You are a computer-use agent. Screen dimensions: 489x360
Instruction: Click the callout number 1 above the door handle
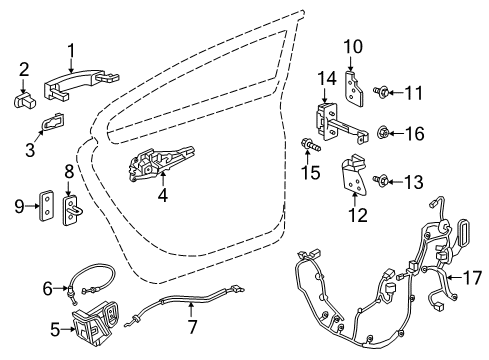click(x=71, y=52)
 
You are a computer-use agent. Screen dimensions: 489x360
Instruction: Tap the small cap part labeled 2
click(x=25, y=100)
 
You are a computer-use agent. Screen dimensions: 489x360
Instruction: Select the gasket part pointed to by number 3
click(x=53, y=121)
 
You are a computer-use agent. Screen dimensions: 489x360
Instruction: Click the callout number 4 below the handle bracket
click(x=163, y=195)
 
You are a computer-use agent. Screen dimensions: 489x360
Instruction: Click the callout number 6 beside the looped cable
click(x=48, y=288)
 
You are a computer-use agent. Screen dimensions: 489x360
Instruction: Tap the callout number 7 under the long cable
click(x=193, y=326)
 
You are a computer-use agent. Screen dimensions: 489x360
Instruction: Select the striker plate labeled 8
click(x=71, y=211)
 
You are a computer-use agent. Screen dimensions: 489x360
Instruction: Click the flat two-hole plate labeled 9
click(x=47, y=206)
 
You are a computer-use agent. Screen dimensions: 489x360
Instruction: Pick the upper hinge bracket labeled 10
click(x=353, y=87)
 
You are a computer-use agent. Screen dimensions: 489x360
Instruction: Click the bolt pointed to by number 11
click(x=381, y=92)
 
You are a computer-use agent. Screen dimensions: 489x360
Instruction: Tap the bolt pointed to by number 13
click(x=381, y=181)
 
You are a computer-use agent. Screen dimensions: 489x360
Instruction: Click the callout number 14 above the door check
click(x=327, y=79)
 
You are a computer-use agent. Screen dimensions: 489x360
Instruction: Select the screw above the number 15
click(x=311, y=145)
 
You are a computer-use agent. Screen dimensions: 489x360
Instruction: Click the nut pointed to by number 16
click(x=383, y=134)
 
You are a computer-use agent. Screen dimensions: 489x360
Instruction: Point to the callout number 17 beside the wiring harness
click(x=472, y=277)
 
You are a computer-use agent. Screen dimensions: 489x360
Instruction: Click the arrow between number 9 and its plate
click(x=33, y=206)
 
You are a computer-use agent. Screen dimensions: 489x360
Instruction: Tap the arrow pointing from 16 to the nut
click(x=396, y=134)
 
